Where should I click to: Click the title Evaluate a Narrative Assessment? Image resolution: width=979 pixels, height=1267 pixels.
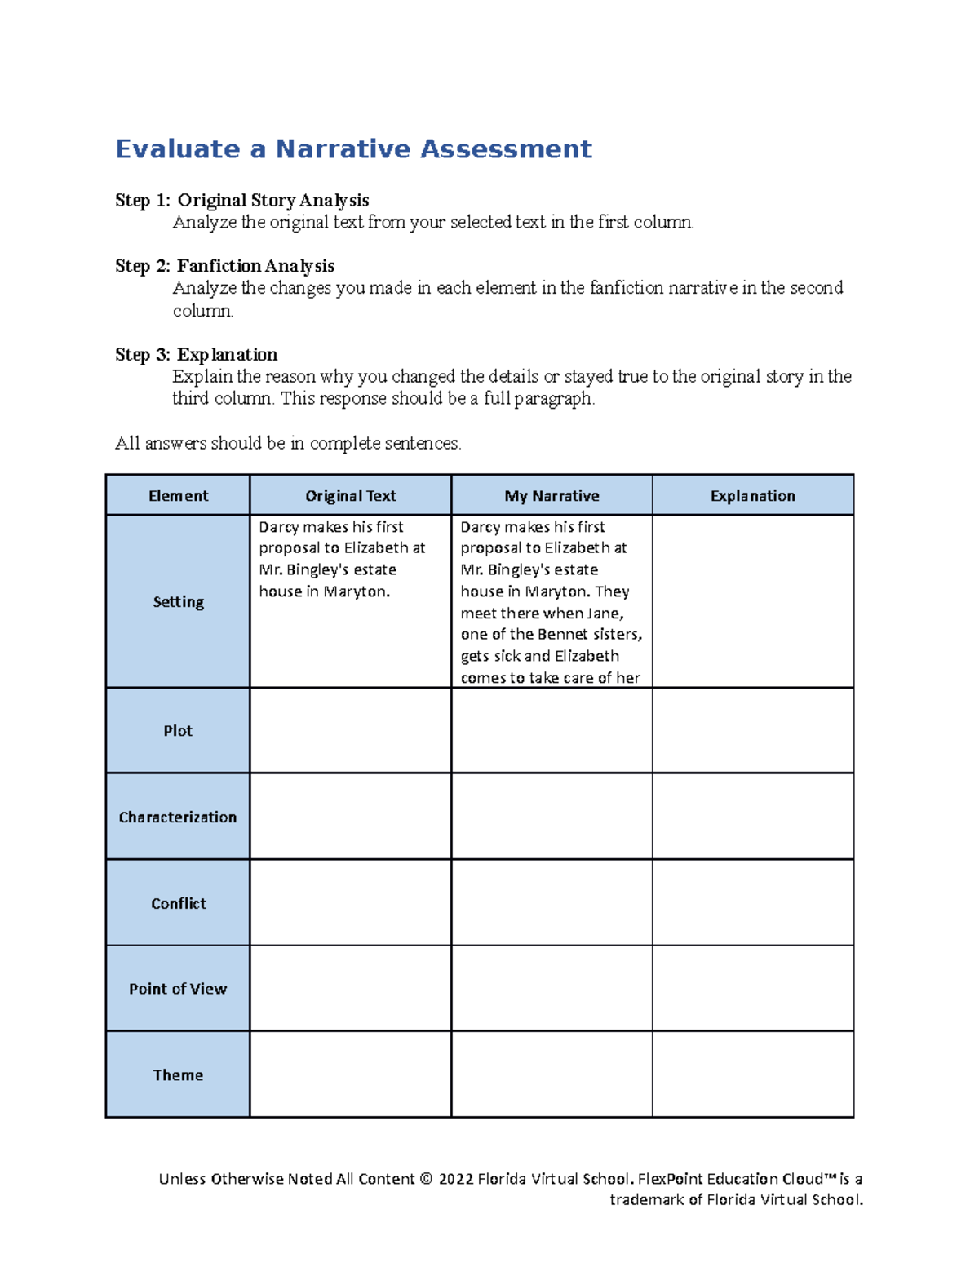click(x=353, y=149)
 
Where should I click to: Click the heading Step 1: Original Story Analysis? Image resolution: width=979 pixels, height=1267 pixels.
click(x=242, y=201)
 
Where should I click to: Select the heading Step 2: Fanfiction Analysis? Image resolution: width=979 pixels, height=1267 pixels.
click(x=225, y=267)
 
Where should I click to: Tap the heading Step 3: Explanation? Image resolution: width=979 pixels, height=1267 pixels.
click(x=197, y=355)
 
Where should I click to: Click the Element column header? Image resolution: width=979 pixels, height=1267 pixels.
click(x=178, y=496)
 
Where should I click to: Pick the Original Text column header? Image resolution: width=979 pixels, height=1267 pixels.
click(x=350, y=496)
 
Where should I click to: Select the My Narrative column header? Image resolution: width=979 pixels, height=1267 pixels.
click(x=552, y=496)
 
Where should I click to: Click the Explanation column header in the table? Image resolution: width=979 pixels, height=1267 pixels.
click(x=752, y=496)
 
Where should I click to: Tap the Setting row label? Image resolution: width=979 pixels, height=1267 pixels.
click(x=178, y=602)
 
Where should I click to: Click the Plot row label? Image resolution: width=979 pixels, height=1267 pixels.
click(x=178, y=731)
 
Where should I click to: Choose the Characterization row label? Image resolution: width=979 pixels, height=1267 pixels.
click(x=178, y=817)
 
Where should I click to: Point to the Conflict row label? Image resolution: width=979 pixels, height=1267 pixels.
click(x=178, y=904)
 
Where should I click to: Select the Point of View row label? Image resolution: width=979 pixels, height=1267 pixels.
click(x=178, y=989)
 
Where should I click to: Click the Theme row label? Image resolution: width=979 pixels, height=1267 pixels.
click(x=178, y=1075)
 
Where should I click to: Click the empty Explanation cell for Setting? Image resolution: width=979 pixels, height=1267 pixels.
click(x=752, y=602)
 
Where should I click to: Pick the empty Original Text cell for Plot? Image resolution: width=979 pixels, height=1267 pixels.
click(x=350, y=731)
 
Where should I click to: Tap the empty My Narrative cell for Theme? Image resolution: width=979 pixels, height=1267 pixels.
click(x=552, y=1075)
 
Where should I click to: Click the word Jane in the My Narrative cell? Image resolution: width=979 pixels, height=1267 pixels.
click(x=604, y=614)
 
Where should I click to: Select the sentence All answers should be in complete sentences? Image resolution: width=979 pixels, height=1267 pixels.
click(x=288, y=444)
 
